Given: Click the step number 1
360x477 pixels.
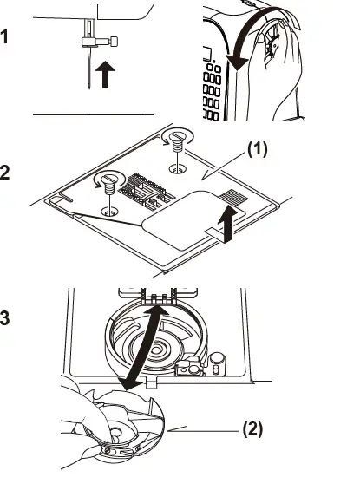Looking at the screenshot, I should click(8, 37).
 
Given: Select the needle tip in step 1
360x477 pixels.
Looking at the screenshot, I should click(88, 87).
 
